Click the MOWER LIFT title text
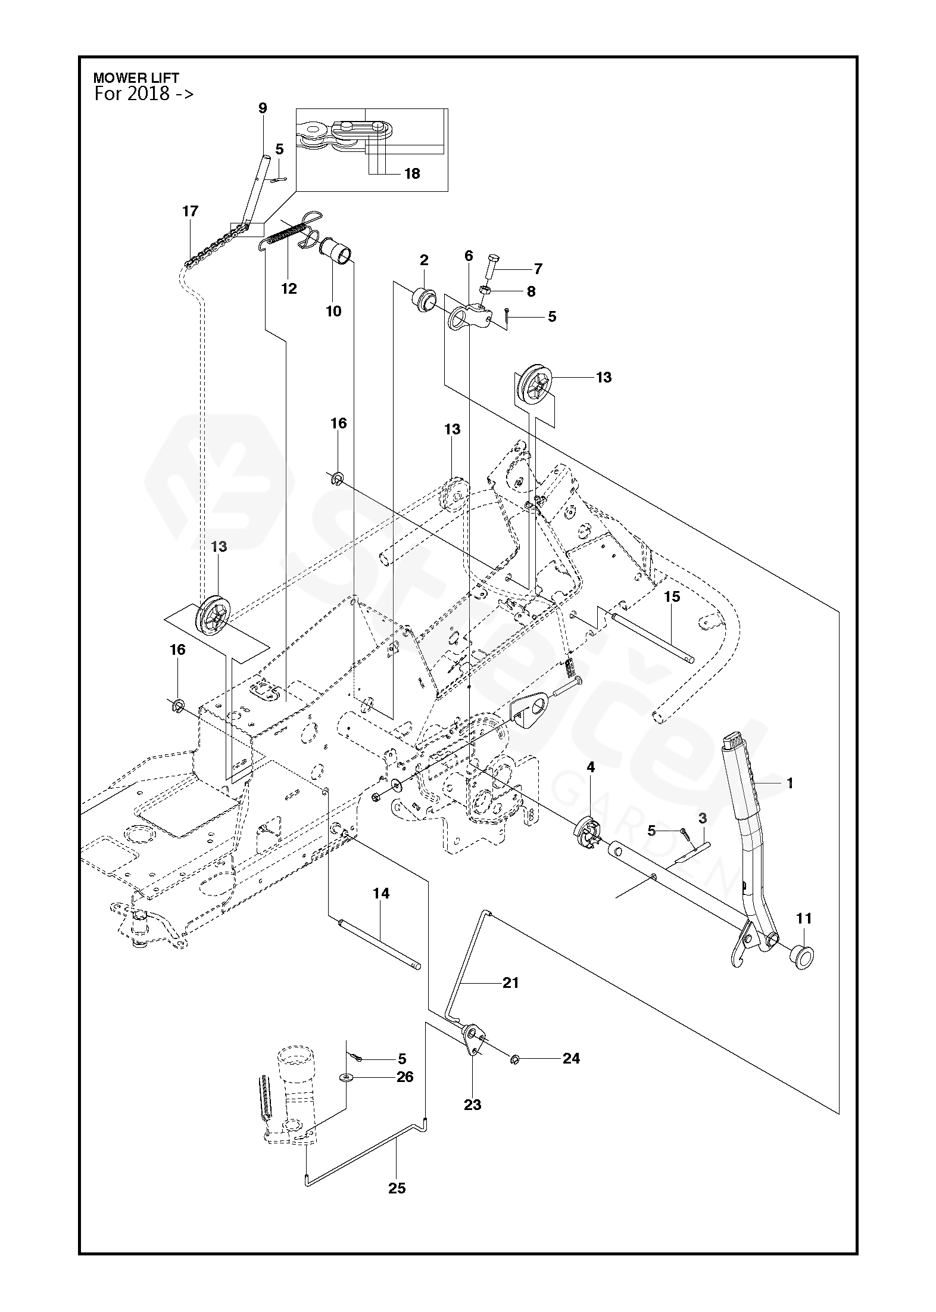136,78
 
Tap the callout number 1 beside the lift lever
790,784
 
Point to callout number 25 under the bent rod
397,1188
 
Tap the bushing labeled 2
424,300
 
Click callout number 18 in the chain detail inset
412,173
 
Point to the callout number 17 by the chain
191,211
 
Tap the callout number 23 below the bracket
472,1105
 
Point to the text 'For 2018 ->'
144,94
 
